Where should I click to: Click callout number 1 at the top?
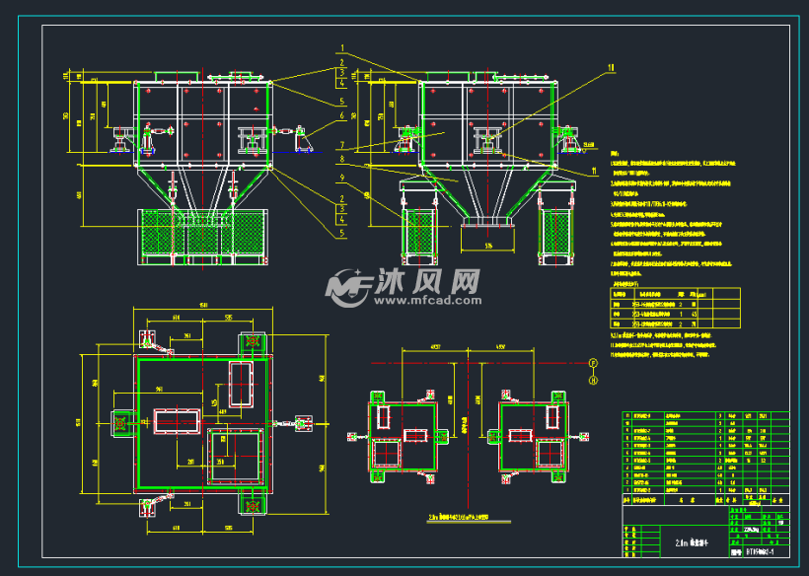(342, 47)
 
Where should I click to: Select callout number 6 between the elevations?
(342, 115)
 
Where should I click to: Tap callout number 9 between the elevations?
(342, 178)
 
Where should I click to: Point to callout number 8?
(342, 159)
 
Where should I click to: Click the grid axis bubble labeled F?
(593, 364)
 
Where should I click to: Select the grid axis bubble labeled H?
(593, 378)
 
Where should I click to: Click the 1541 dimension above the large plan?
(203, 305)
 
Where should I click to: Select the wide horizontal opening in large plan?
(176, 421)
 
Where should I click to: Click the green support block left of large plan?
(123, 422)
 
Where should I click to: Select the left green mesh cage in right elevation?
(418, 234)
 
